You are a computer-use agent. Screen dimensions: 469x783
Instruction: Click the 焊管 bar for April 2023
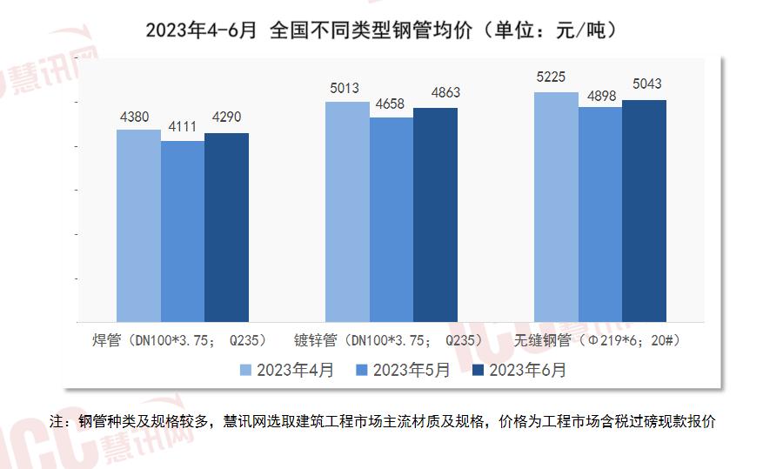point(138,226)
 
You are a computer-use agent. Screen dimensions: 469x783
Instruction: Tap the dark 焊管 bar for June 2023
point(226,228)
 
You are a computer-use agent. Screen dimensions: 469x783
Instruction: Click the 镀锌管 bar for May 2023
point(391,220)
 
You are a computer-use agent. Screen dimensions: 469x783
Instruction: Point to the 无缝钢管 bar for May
point(600,215)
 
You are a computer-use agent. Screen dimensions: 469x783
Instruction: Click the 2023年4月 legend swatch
point(246,371)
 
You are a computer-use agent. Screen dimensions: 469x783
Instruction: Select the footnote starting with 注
point(383,422)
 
